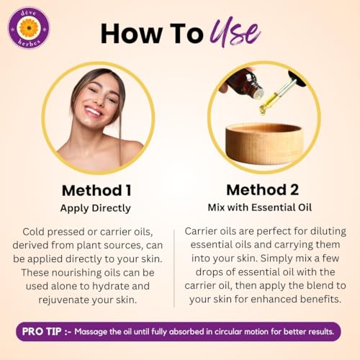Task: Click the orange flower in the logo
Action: tap(29, 28)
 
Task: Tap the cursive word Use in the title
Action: tap(235, 32)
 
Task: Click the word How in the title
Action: tap(131, 33)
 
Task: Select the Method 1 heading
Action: tap(96, 190)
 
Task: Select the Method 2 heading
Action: tap(263, 190)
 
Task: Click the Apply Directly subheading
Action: tap(96, 208)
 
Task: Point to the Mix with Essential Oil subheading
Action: tap(260, 207)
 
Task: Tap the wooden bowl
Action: tap(264, 143)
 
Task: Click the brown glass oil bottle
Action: tap(245, 84)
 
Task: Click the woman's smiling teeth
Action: tap(93, 112)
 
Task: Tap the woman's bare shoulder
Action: tap(131, 150)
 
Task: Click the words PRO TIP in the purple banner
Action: tap(42, 331)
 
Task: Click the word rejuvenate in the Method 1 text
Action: tap(64, 300)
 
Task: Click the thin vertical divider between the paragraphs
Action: tap(174, 269)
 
